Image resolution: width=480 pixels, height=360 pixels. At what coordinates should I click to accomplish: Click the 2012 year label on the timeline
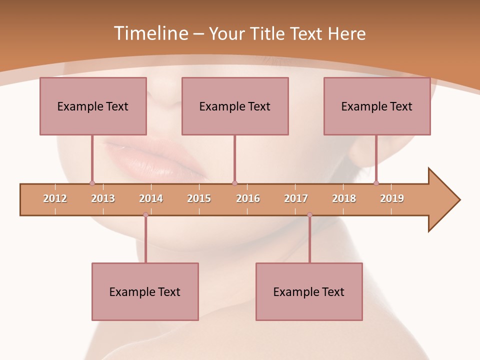55,199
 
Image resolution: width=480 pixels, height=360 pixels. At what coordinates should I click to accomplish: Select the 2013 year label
103,199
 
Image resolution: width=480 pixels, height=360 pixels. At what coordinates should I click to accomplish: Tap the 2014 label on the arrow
151,199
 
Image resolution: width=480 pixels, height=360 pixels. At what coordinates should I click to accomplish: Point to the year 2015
199,199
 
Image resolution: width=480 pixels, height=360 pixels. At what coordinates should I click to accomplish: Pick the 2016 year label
248,199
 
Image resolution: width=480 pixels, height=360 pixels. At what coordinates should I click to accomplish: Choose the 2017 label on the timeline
296,199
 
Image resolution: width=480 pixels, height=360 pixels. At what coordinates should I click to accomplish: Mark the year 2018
344,199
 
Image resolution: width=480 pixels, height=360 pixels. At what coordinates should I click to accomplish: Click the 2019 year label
392,199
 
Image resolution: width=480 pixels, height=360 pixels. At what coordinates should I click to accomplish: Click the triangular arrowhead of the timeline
442,200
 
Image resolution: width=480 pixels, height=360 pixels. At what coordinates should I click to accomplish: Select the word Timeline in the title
150,33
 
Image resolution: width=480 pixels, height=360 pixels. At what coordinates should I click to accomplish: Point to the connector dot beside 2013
92,183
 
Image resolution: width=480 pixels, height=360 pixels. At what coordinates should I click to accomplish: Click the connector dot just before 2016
234,183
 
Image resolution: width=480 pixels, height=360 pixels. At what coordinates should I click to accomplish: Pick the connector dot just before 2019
376,183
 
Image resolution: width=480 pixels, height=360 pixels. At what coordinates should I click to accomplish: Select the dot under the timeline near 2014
145,215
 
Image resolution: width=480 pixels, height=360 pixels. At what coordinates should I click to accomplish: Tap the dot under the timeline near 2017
309,215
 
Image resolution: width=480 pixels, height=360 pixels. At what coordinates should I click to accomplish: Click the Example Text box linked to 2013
93,106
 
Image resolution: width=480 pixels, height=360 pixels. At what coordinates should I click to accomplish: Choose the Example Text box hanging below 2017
309,291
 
